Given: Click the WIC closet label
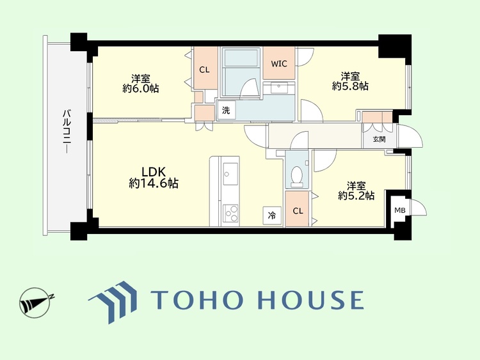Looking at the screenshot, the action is [x=279, y=63].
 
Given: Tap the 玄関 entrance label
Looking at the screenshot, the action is [x=379, y=139].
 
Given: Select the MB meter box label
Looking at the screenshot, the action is [x=400, y=210].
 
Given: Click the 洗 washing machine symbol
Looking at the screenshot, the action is [x=226, y=110].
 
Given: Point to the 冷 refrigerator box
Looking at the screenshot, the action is [x=272, y=215].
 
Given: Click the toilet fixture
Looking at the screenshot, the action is [x=296, y=177].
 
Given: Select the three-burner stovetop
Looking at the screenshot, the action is [x=230, y=213].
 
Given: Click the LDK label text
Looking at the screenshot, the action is [x=154, y=171].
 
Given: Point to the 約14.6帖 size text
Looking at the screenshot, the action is [x=154, y=184].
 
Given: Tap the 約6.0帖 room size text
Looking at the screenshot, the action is [x=141, y=88].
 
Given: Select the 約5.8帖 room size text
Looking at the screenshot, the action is [x=350, y=86].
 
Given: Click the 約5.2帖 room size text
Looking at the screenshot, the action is [x=356, y=195].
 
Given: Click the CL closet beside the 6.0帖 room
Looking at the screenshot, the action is [x=204, y=70].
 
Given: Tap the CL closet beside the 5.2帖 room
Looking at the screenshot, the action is [x=298, y=211].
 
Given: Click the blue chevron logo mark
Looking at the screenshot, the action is [x=113, y=302].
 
